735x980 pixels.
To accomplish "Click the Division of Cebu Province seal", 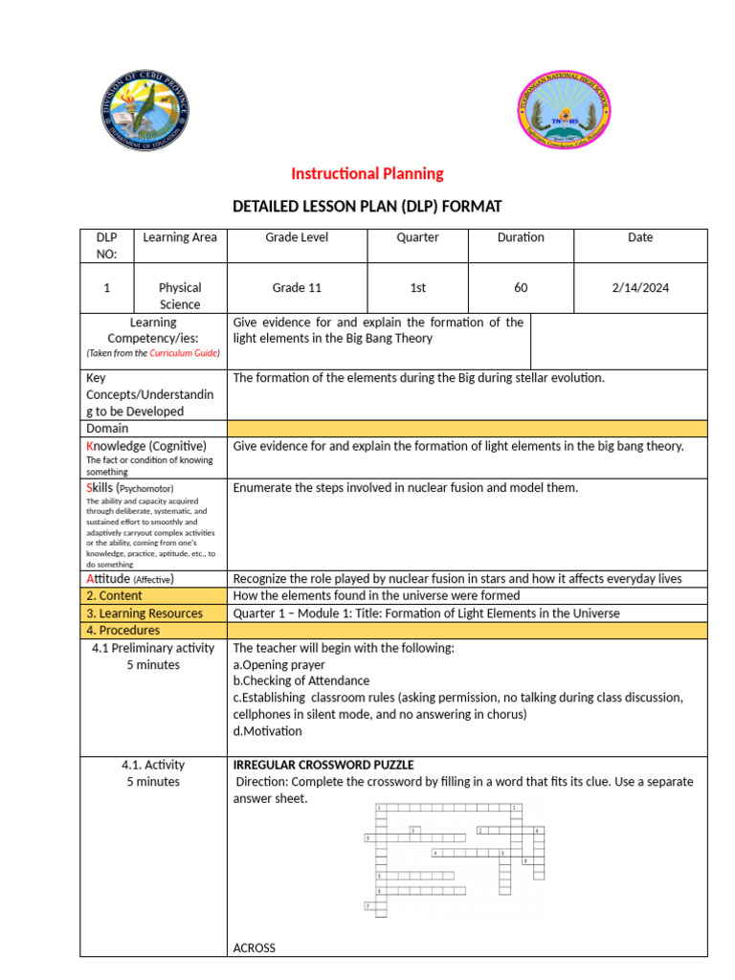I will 145,114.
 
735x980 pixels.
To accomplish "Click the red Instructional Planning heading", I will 367,173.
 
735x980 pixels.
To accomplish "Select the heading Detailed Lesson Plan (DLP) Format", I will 367,206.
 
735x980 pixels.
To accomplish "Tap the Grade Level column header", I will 297,237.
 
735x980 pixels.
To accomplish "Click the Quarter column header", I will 417,237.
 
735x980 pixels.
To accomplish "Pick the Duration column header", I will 521,237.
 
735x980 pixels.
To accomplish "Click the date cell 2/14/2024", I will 640,287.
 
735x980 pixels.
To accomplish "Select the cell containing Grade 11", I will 297,287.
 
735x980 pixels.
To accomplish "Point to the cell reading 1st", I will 417,287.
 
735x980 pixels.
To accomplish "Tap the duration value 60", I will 521,287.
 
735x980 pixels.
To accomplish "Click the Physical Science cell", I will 180,296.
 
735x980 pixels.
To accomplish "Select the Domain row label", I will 107,428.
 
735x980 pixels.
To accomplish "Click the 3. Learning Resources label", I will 145,613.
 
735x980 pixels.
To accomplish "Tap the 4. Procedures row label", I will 123,631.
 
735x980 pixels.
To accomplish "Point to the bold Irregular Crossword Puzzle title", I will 323,765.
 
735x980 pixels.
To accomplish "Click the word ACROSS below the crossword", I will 255,947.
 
